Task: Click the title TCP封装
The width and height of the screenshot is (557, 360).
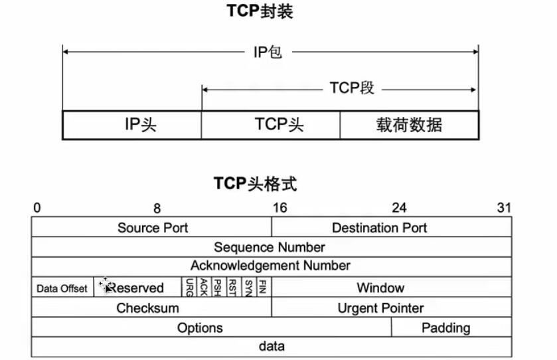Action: [x=260, y=11]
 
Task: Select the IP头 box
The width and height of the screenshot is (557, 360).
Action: [x=132, y=125]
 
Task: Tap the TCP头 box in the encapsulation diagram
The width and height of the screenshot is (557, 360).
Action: [x=271, y=125]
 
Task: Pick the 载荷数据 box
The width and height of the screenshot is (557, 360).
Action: [x=409, y=125]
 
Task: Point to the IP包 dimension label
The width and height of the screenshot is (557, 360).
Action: [x=268, y=52]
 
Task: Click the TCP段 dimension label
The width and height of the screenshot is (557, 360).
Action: [x=352, y=88]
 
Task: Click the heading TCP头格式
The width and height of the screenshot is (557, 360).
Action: [x=255, y=184]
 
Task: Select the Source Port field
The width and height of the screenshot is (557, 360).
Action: [x=151, y=227]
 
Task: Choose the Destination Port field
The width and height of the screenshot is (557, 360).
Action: [x=392, y=227]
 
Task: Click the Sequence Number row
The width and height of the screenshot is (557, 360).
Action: [x=272, y=247]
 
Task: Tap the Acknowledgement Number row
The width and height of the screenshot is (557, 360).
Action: [x=272, y=267]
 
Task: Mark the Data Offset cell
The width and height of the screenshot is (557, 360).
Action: [x=62, y=287]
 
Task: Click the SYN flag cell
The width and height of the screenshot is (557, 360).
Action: [x=248, y=287]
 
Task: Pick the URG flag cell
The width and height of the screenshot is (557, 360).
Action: [x=189, y=287]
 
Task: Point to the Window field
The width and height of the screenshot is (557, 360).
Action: [x=392, y=287]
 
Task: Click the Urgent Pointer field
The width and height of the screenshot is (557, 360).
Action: [x=392, y=307]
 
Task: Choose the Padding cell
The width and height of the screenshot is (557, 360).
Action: [x=451, y=327]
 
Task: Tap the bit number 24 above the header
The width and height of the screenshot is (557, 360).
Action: [x=399, y=207]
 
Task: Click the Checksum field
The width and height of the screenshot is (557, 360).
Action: [x=151, y=307]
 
